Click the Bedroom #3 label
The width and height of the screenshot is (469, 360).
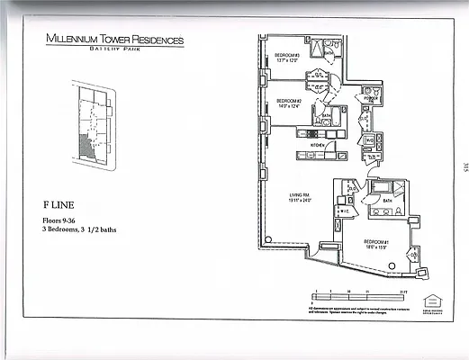pyautogui.click(x=288, y=56)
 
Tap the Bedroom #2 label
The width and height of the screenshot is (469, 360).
pyautogui.click(x=288, y=100)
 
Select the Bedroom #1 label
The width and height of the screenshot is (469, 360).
pyautogui.click(x=374, y=242)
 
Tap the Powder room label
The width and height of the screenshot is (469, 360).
pyautogui.click(x=369, y=98)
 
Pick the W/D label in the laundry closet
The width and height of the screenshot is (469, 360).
pyautogui.click(x=370, y=141)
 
